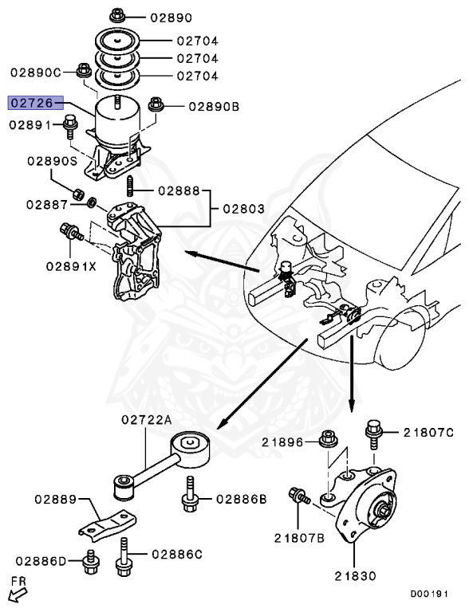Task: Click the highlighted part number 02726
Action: point(30,104)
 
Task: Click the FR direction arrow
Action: point(14,594)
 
